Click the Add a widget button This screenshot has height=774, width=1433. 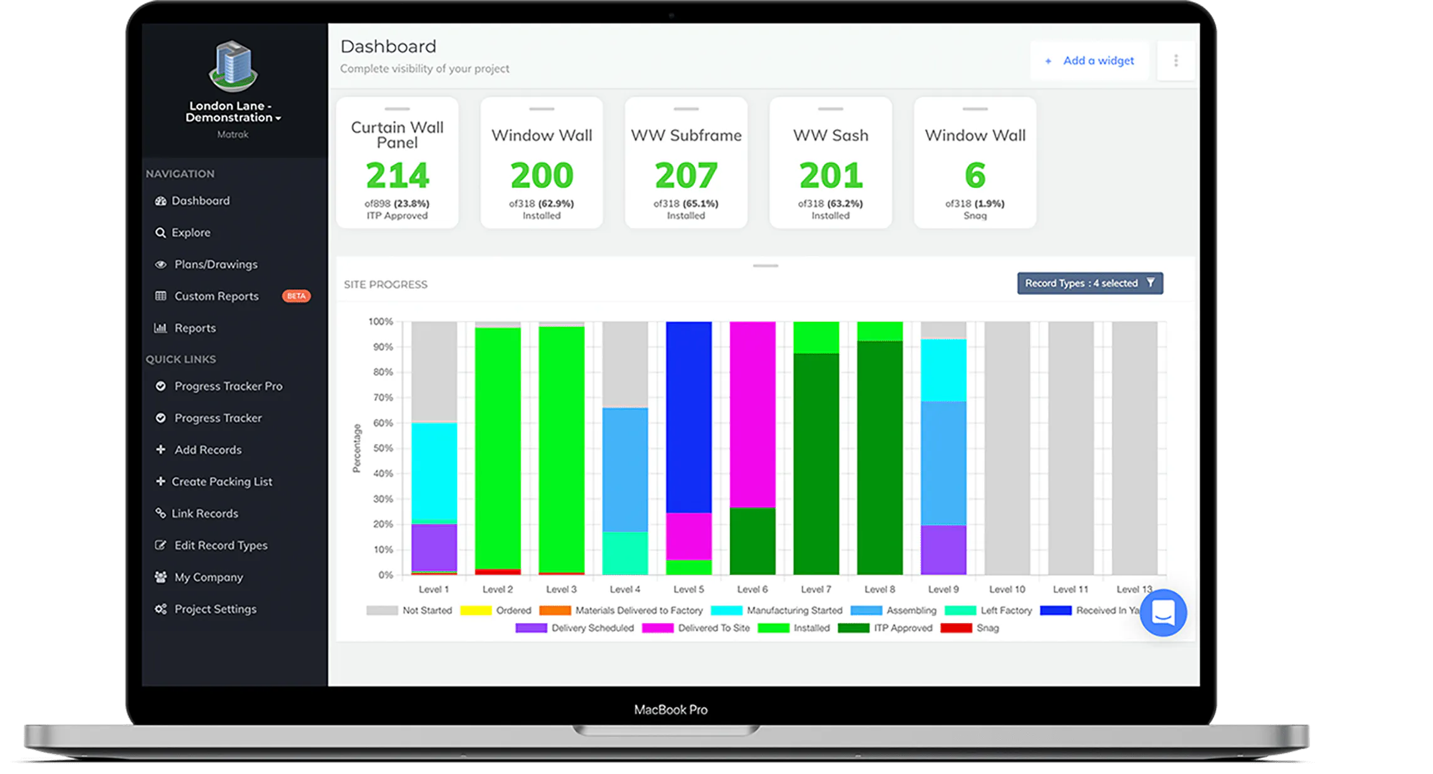(1089, 61)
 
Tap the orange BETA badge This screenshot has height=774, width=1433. (296, 296)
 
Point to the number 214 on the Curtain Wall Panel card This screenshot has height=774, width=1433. (398, 175)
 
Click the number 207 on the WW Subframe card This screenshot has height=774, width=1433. (686, 175)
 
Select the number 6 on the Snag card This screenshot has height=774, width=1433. (975, 175)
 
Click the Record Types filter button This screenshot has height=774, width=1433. (1090, 283)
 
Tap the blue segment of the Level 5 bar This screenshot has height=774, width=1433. (689, 417)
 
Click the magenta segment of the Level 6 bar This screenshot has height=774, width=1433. (752, 415)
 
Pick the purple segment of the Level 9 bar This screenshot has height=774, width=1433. (943, 550)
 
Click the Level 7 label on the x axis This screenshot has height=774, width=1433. (816, 589)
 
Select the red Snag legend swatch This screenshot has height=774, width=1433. (956, 628)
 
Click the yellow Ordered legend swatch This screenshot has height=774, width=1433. (476, 611)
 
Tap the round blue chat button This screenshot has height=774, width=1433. (1163, 612)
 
